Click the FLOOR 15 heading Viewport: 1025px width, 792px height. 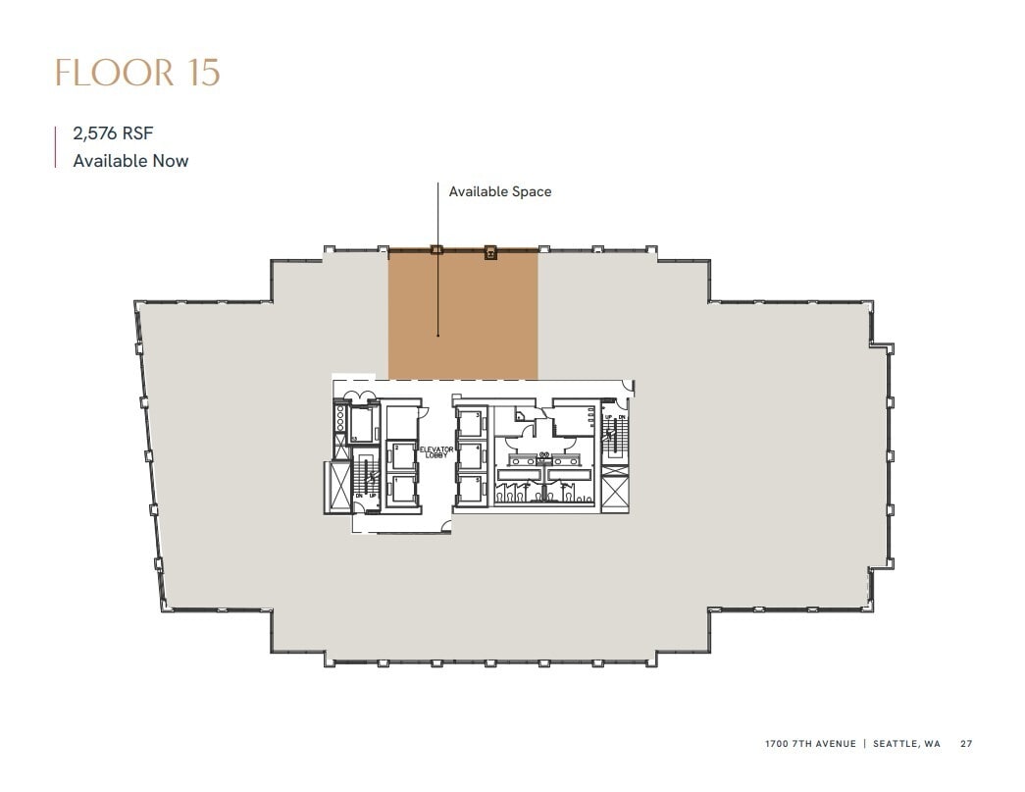pyautogui.click(x=137, y=74)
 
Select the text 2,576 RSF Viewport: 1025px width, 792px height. pyautogui.click(x=113, y=134)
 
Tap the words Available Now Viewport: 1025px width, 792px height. pyautogui.click(x=130, y=160)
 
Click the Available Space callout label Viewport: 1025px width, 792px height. pyautogui.click(x=499, y=191)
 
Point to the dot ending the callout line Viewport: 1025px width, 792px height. pyautogui.click(x=438, y=337)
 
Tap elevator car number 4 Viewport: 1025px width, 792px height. pyautogui.click(x=471, y=456)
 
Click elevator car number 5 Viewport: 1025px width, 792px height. pyautogui.click(x=471, y=488)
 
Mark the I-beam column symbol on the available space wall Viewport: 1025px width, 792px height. pyautogui.click(x=489, y=253)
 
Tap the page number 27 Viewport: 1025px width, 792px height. pyautogui.click(x=966, y=744)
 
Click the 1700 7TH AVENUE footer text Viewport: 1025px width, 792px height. pyautogui.click(x=810, y=744)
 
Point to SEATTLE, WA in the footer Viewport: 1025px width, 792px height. pyautogui.click(x=907, y=744)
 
